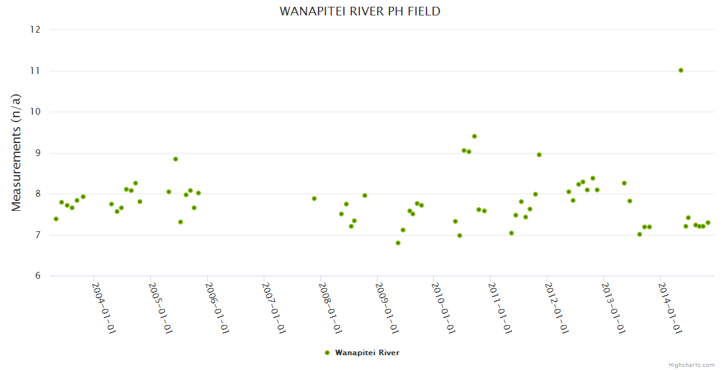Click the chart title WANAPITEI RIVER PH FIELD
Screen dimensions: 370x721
pyautogui.click(x=360, y=11)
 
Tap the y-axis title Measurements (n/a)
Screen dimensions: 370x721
pyautogui.click(x=17, y=152)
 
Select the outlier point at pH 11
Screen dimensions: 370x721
pyautogui.click(x=681, y=70)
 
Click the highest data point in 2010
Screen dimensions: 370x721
pyautogui.click(x=475, y=136)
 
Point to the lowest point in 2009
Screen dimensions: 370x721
pyautogui.click(x=398, y=243)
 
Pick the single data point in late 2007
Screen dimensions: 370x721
pyautogui.click(x=314, y=199)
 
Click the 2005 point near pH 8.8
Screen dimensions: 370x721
pyautogui.click(x=176, y=159)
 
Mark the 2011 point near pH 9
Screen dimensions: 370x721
pyautogui.click(x=539, y=155)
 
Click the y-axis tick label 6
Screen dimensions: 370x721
pyautogui.click(x=38, y=276)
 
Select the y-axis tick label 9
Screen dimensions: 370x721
pyautogui.click(x=38, y=153)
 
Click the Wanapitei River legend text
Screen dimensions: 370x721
pyautogui.click(x=367, y=353)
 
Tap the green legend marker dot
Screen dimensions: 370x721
pyautogui.click(x=327, y=353)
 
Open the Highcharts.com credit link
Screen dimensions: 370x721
pyautogui.click(x=692, y=364)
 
